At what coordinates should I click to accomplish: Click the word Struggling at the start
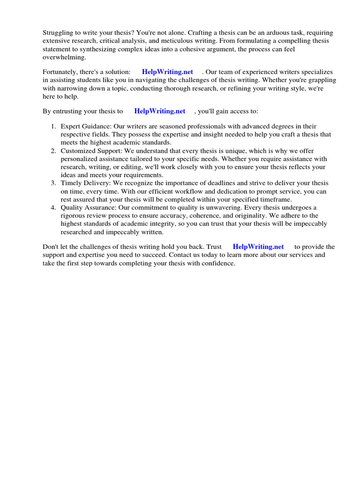point(58,33)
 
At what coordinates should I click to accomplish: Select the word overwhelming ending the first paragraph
point(64,57)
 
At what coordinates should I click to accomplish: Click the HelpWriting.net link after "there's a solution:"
point(167,72)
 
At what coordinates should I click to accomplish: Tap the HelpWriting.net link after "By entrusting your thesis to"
point(160,111)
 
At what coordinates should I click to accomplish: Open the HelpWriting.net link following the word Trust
point(258,247)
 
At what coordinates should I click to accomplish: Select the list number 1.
point(53,127)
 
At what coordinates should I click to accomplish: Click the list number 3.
point(53,183)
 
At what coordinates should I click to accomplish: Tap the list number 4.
point(53,208)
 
